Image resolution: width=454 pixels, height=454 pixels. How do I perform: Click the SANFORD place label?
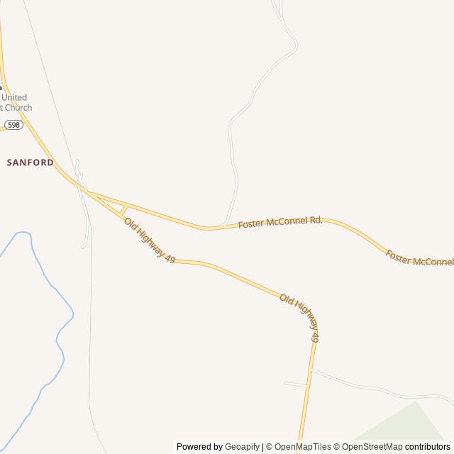tap(31, 162)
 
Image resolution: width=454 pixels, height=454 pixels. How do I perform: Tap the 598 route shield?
tap(14, 125)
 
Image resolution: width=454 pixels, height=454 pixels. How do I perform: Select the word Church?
tap(17, 108)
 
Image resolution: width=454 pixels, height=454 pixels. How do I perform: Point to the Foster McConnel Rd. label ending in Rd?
tap(280, 223)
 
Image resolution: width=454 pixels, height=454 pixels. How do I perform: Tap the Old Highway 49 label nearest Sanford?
tap(150, 241)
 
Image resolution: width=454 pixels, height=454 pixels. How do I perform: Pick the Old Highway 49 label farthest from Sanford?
tap(300, 318)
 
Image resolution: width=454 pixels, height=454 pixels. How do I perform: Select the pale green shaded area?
tap(411, 433)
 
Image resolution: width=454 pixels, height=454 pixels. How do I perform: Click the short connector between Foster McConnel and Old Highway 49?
tap(123, 209)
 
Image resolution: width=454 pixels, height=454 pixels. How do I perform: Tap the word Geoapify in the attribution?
tap(242, 447)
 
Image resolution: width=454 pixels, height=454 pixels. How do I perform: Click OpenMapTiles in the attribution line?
tap(302, 447)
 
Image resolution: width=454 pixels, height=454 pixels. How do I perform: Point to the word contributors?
tap(428, 447)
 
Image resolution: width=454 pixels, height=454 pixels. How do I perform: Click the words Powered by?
tap(199, 447)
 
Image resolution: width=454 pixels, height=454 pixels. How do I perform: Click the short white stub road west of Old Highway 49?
tap(295, 384)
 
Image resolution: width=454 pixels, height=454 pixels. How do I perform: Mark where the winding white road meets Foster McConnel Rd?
tap(223, 226)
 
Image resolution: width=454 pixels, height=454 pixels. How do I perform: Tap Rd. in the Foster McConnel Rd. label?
tap(316, 220)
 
